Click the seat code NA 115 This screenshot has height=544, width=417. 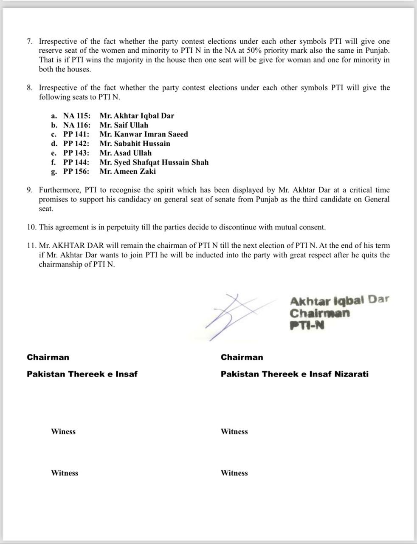(76, 116)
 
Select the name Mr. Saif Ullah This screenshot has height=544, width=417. (124, 125)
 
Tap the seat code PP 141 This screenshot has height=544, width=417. (76, 134)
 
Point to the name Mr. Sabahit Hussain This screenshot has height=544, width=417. (135, 144)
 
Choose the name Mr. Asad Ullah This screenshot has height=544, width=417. (125, 153)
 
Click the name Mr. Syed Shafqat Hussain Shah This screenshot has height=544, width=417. (154, 162)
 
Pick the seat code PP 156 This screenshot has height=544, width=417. (76, 172)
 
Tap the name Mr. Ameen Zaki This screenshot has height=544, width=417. (127, 172)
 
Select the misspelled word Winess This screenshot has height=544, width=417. (63, 431)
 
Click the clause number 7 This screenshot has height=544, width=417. (29, 42)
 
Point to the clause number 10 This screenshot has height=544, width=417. (31, 227)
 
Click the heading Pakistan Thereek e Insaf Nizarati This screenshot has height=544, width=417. (294, 374)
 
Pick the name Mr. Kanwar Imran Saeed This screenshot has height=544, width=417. (144, 134)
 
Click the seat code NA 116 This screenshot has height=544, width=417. (76, 125)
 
